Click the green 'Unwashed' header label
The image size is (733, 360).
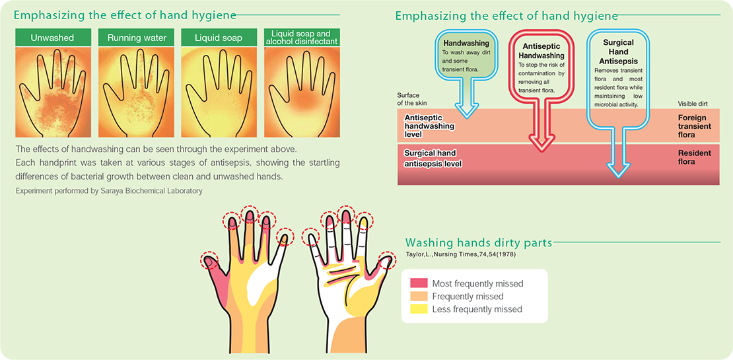click(52, 38)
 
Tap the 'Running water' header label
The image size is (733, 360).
click(135, 38)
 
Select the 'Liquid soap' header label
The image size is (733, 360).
click(219, 38)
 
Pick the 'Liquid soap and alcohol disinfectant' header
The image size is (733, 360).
click(302, 38)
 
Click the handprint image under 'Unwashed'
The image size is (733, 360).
click(52, 92)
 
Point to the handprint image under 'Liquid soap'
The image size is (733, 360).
click(219, 92)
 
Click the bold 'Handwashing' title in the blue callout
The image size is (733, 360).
click(463, 42)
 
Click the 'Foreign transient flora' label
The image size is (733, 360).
click(694, 126)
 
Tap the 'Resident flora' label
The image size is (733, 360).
click(694, 158)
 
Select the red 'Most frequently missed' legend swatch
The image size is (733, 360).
click(419, 284)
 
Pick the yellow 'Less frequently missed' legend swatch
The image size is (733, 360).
click(419, 309)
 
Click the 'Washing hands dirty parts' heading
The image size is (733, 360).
click(479, 242)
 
